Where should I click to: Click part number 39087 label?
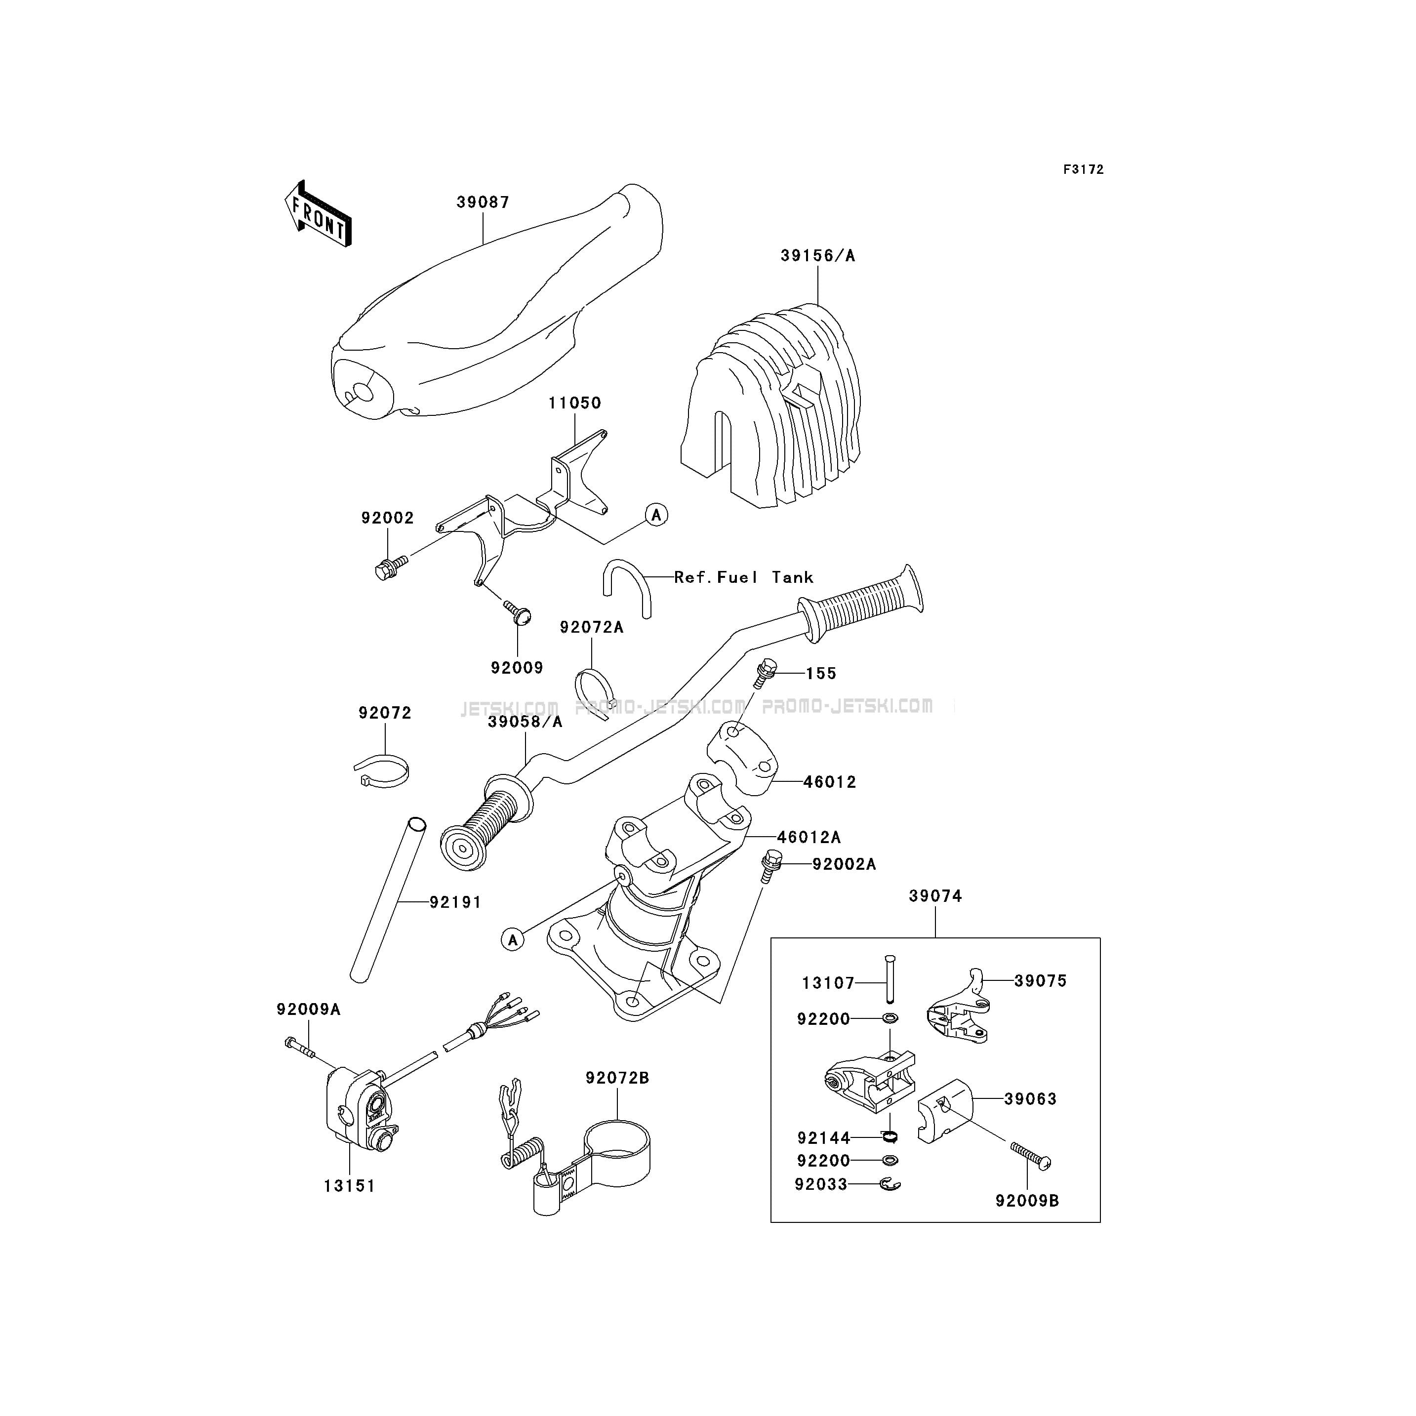483,202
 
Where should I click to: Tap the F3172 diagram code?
1083,169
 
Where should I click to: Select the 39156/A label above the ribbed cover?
818,256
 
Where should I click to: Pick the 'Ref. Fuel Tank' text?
744,577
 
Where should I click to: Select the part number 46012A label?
809,837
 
